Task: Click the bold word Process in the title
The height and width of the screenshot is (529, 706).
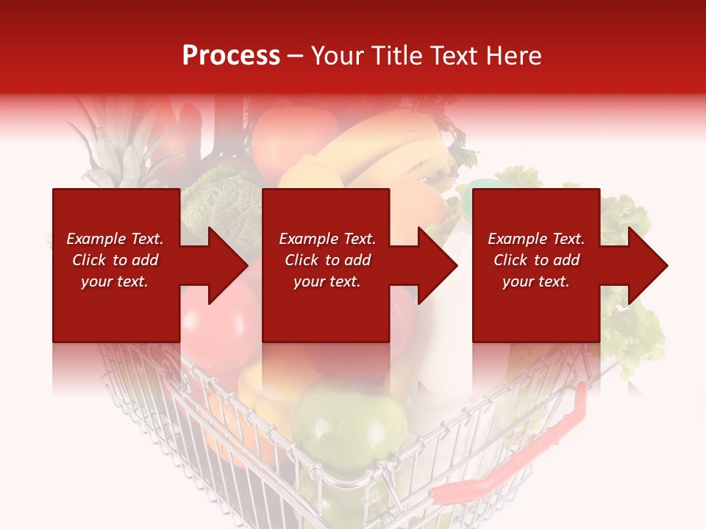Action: (x=231, y=55)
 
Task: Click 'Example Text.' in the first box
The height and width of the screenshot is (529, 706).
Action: (x=115, y=239)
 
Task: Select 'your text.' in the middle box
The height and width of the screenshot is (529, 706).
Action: (x=327, y=281)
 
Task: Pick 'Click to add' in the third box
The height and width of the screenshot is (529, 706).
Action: (x=536, y=260)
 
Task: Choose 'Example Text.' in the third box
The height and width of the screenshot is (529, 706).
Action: (x=536, y=239)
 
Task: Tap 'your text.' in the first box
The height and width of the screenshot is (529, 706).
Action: (x=115, y=281)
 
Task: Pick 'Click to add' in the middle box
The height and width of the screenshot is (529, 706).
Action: (x=327, y=260)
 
